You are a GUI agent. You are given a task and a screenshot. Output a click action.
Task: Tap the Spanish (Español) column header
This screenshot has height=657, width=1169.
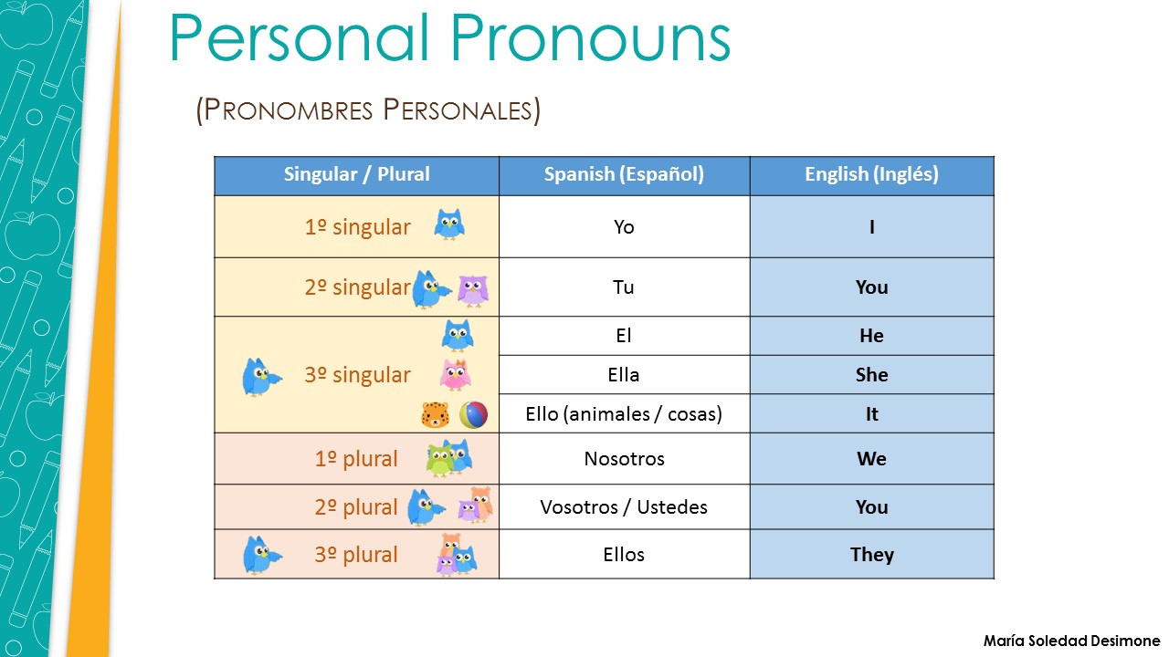pos(624,174)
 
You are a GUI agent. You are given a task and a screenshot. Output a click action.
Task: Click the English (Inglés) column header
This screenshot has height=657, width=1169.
pos(871,174)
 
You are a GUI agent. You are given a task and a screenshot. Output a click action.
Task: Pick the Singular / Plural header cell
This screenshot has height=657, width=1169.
pos(356,174)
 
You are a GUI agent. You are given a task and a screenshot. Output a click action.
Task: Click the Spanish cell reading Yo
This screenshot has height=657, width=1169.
pos(624,226)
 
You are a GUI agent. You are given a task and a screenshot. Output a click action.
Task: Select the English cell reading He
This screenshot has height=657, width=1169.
pos(871,336)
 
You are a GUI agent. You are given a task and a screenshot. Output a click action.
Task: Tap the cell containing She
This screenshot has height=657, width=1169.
pos(871,375)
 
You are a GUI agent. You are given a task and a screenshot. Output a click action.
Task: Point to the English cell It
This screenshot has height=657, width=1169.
pos(871,414)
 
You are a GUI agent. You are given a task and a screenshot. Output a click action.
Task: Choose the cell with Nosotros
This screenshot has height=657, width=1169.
pos(624,459)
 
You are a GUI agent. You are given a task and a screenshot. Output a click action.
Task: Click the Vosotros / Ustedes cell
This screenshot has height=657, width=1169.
pos(624,507)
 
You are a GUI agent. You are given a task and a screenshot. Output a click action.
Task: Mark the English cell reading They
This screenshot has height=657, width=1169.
pos(871,555)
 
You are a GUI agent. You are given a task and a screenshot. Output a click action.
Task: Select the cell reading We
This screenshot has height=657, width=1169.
pos(871,459)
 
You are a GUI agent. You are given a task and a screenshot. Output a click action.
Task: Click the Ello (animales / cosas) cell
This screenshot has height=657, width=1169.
pos(624,414)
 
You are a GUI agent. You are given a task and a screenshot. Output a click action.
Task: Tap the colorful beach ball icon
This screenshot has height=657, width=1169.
pos(473,415)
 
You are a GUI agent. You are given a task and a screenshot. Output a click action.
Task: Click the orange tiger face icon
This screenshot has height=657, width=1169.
pos(435,416)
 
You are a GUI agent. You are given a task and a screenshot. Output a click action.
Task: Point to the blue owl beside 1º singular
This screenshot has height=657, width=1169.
pos(448,224)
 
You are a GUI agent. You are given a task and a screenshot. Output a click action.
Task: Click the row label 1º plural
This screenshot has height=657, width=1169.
pos(356,459)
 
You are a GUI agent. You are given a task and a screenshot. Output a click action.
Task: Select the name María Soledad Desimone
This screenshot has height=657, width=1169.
pos(1071,641)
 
